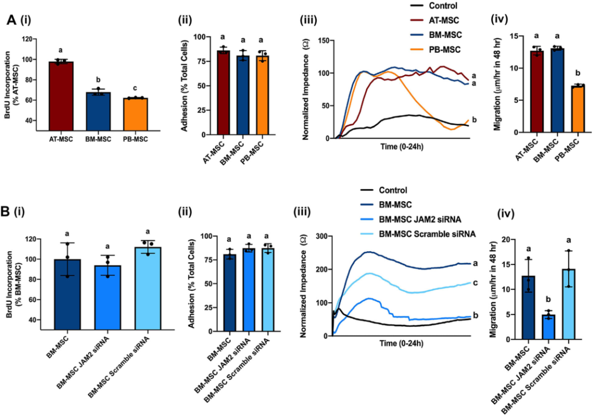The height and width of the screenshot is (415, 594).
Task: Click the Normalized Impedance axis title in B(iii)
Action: click(301, 286)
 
